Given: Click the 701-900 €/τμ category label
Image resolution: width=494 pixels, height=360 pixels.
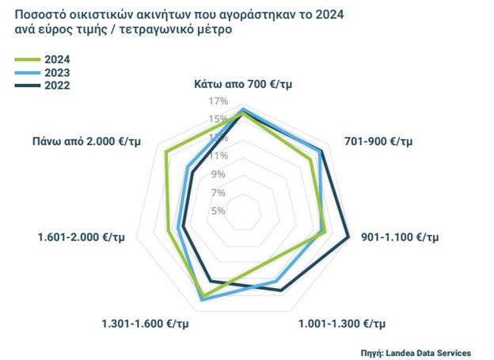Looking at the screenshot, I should pyautogui.click(x=379, y=142).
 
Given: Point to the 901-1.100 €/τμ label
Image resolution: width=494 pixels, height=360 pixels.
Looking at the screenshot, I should pyautogui.click(x=398, y=237).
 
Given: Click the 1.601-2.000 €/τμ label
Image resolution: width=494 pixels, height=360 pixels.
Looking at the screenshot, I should pyautogui.click(x=81, y=237).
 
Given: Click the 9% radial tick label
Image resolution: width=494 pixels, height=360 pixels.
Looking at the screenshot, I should pyautogui.click(x=218, y=174).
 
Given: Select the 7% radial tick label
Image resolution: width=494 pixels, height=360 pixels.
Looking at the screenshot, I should pyautogui.click(x=218, y=192).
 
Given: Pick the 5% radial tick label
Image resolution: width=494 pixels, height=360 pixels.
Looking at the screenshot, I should pyautogui.click(x=218, y=210).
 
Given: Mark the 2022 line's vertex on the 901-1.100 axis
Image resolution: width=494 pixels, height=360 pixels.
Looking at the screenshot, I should pyautogui.click(x=348, y=236).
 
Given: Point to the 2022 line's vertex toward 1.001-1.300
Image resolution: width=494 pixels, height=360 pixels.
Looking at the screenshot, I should pyautogui.click(x=281, y=290).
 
